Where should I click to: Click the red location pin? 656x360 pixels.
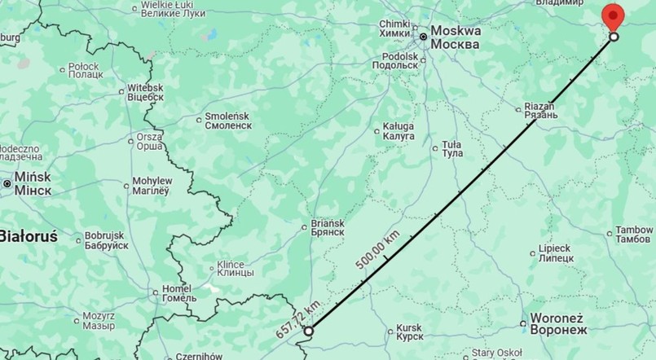[613, 16]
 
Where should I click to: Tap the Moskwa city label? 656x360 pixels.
[455, 37]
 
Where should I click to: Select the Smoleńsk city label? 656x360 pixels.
[228, 121]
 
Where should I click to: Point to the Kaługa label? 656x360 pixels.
[398, 132]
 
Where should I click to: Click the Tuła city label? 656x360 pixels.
[452, 149]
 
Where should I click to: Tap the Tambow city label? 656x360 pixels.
[636, 234]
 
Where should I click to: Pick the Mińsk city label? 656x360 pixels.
[33, 183]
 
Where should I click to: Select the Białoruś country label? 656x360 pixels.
[28, 236]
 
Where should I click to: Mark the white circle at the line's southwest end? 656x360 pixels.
[308, 331]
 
